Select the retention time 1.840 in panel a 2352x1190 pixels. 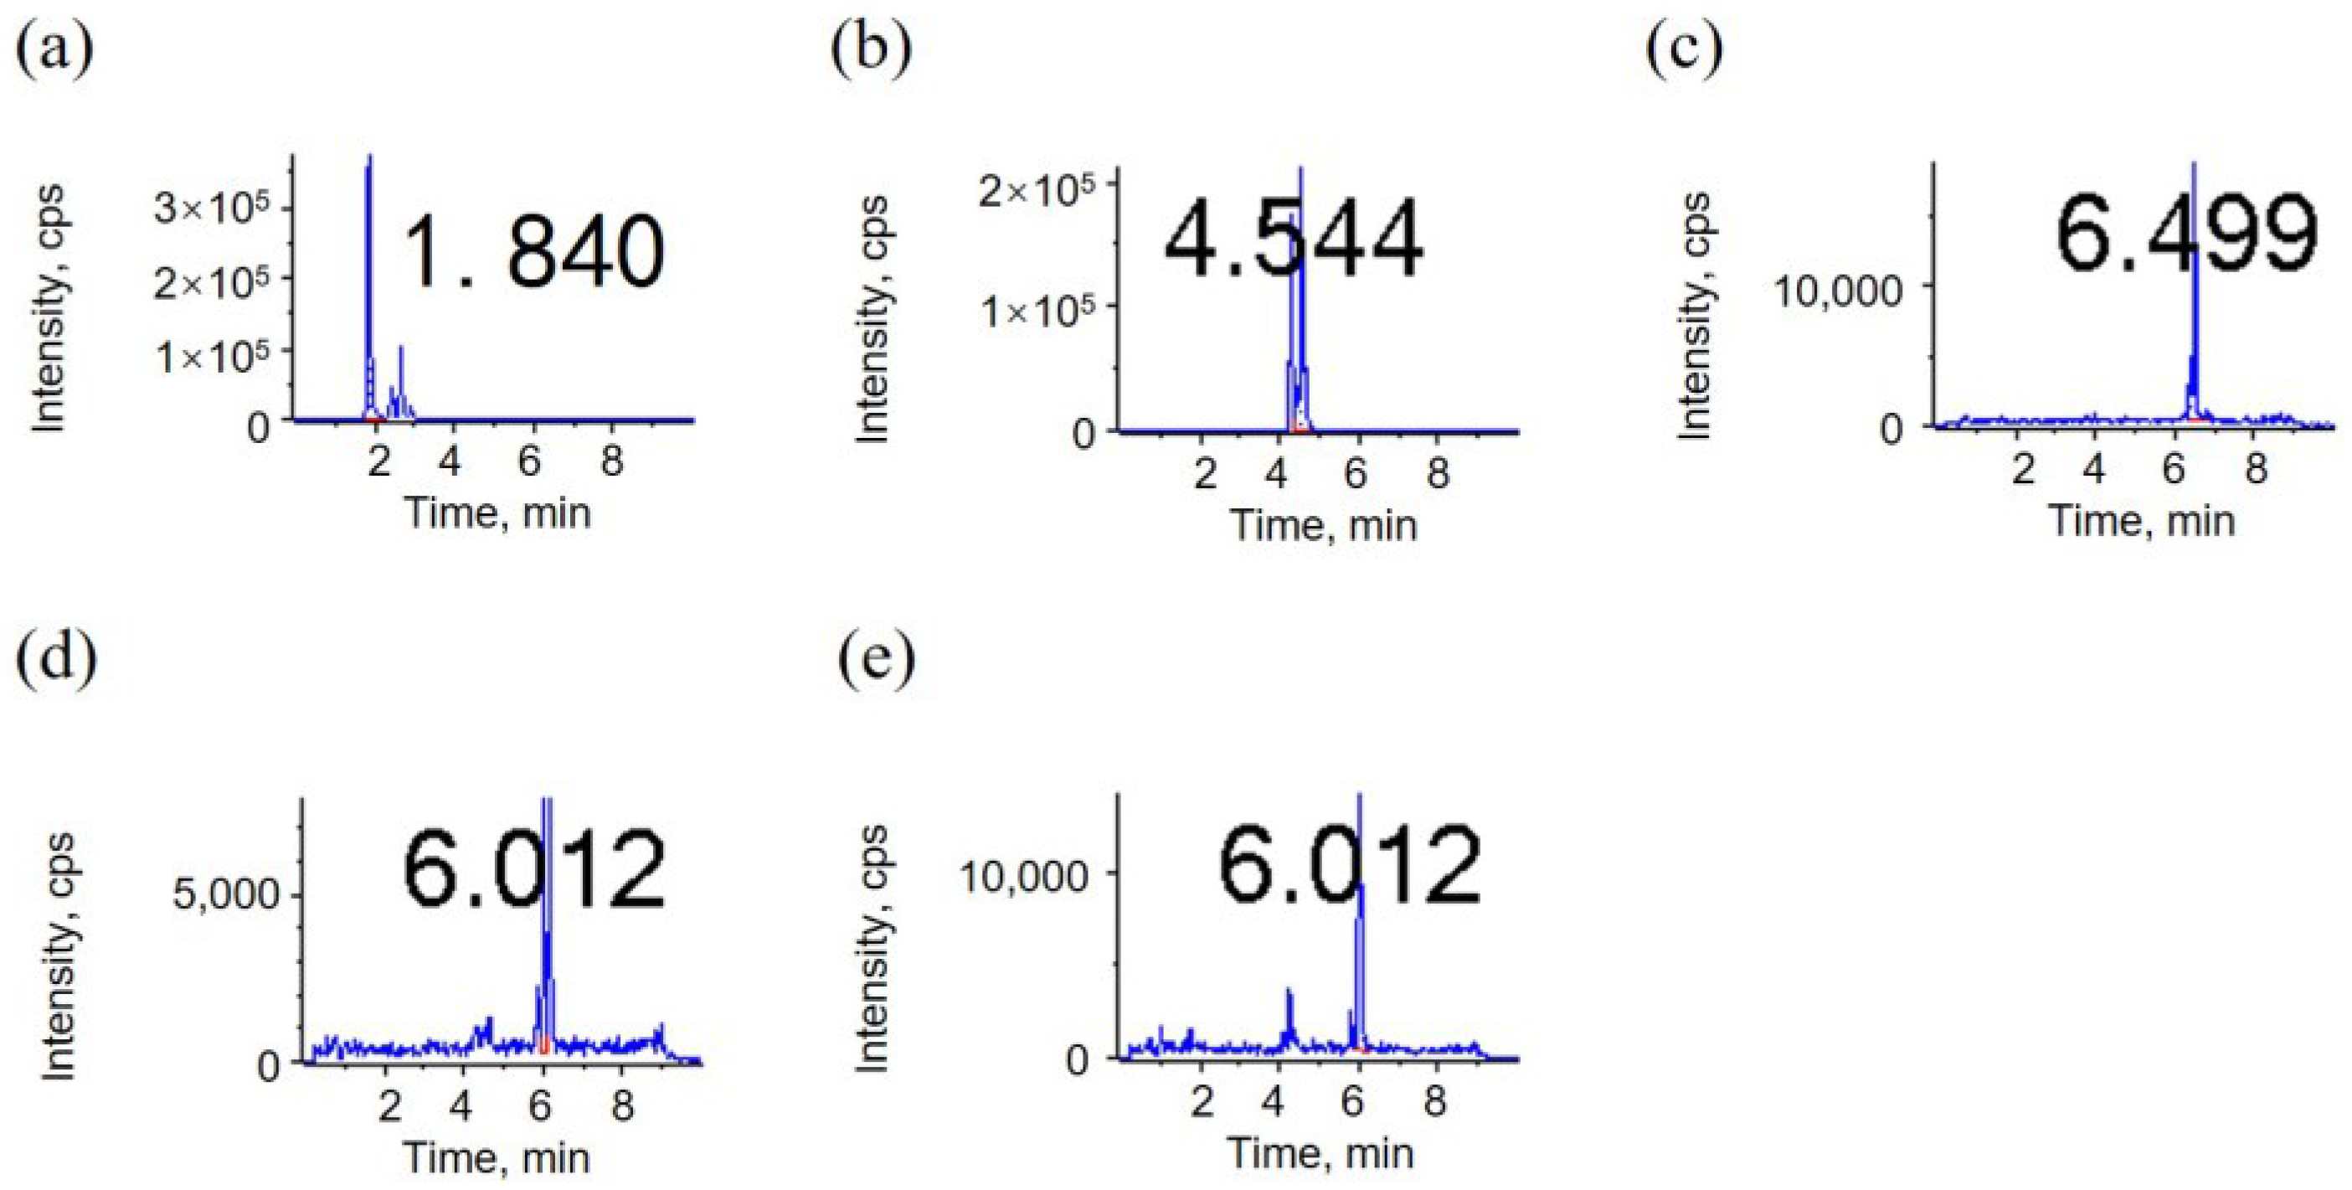coord(534,250)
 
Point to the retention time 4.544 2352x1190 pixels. coord(1292,240)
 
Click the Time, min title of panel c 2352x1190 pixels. coord(2142,522)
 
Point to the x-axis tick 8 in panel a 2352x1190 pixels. coord(611,461)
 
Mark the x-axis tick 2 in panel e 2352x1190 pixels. coord(1202,1101)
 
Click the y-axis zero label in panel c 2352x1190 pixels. coord(1891,427)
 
